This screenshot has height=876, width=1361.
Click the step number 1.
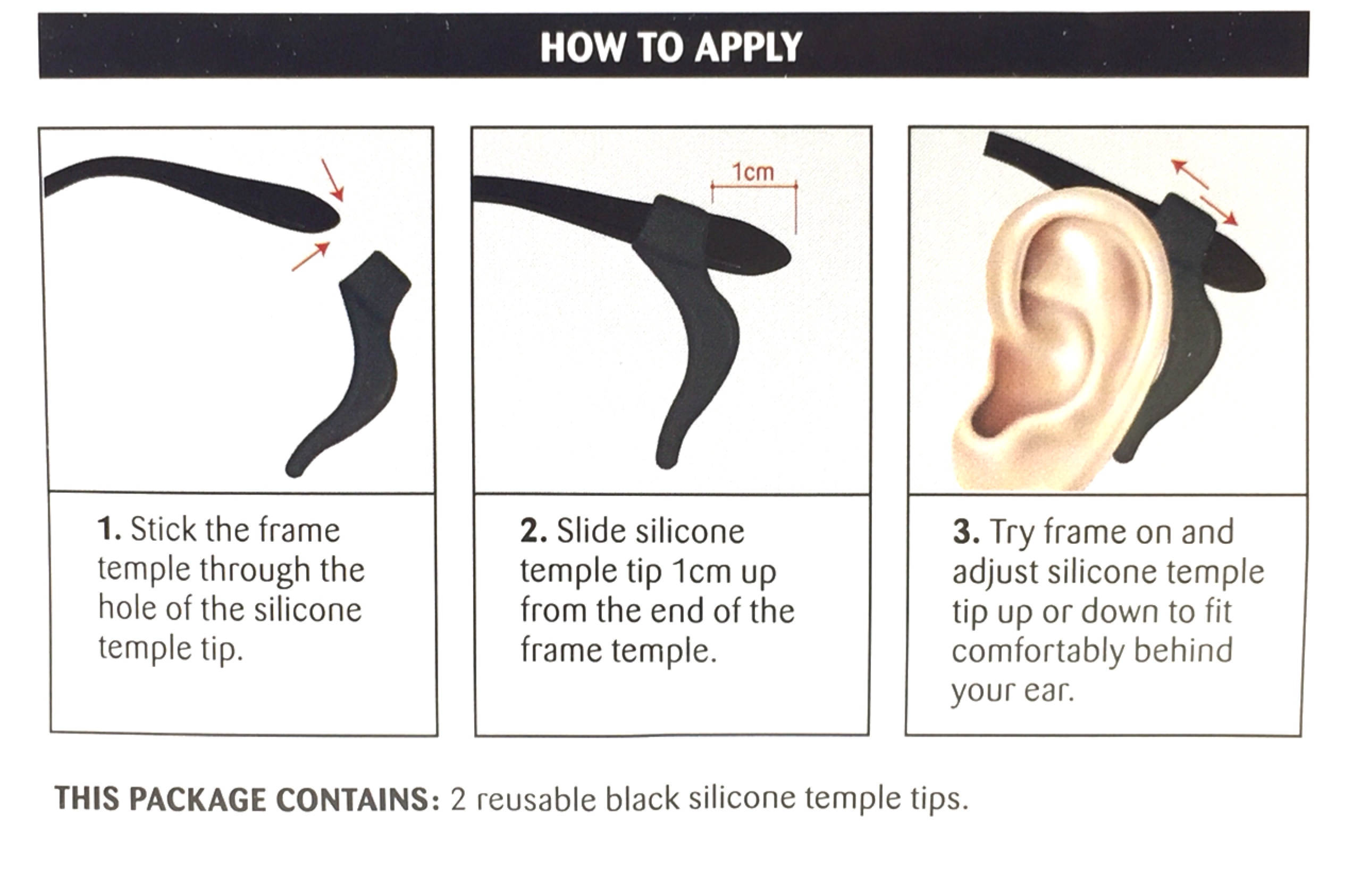click(108, 530)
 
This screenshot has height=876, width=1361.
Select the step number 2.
click(532, 531)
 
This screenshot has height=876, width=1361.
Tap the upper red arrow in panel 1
click(333, 180)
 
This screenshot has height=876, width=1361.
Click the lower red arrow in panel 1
click(311, 257)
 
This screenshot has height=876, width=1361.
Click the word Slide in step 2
click(590, 531)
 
